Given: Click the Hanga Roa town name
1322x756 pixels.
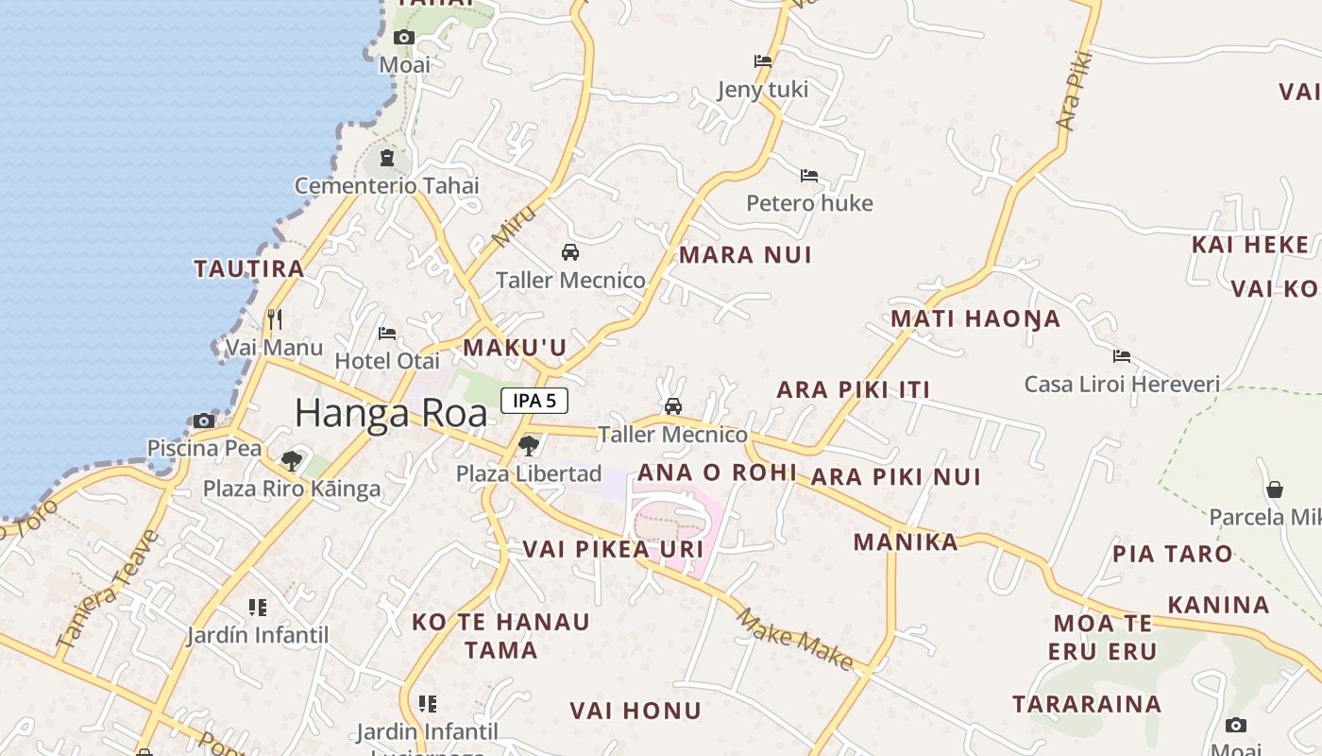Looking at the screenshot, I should point(391,413).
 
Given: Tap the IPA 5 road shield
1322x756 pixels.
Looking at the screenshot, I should point(534,401).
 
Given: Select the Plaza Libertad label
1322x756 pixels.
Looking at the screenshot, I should point(529,473).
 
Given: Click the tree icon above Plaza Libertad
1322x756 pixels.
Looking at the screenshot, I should point(529,444).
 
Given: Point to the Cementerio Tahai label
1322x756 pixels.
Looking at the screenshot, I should point(386,185).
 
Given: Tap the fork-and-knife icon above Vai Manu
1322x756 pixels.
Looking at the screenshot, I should point(274,318).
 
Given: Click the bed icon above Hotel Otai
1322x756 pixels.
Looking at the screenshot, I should point(386,334).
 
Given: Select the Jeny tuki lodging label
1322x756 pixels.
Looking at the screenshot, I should point(763,89).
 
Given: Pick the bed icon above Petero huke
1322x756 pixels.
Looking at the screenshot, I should point(809,176).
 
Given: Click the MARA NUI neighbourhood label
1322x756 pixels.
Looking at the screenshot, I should point(745,254).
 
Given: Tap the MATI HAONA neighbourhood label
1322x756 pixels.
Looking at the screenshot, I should point(975,318).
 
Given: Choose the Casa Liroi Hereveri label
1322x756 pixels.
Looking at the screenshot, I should point(1122,384).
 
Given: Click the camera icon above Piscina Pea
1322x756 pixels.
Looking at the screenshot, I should point(204,421).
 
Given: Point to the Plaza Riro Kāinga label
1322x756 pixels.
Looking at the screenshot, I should point(292,489).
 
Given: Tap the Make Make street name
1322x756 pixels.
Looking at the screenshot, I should point(795,640).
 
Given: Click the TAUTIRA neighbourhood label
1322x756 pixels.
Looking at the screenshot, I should point(249,268).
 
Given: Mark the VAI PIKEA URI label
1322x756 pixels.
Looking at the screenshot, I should point(613,549).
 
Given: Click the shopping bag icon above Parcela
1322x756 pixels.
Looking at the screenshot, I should point(1274,490).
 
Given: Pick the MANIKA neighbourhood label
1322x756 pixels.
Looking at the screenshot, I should point(906,541).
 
